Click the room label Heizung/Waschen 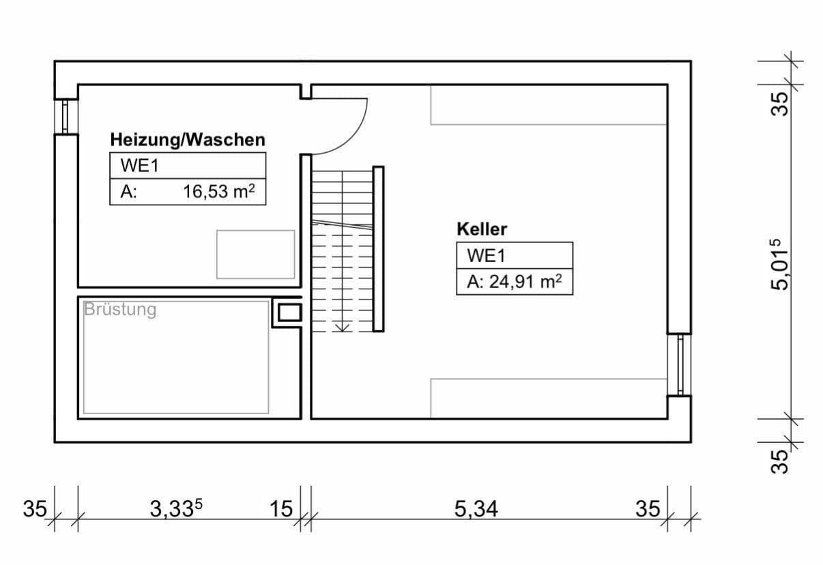188,140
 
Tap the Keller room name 482,229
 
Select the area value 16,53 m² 218,192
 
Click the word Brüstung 120,310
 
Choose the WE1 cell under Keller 485,256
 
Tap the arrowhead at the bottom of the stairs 343,327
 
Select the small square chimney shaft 287,313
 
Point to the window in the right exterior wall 680,364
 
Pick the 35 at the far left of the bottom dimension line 35,509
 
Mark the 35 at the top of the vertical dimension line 780,102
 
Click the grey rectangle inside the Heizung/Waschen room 256,255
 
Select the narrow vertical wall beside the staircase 378,249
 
